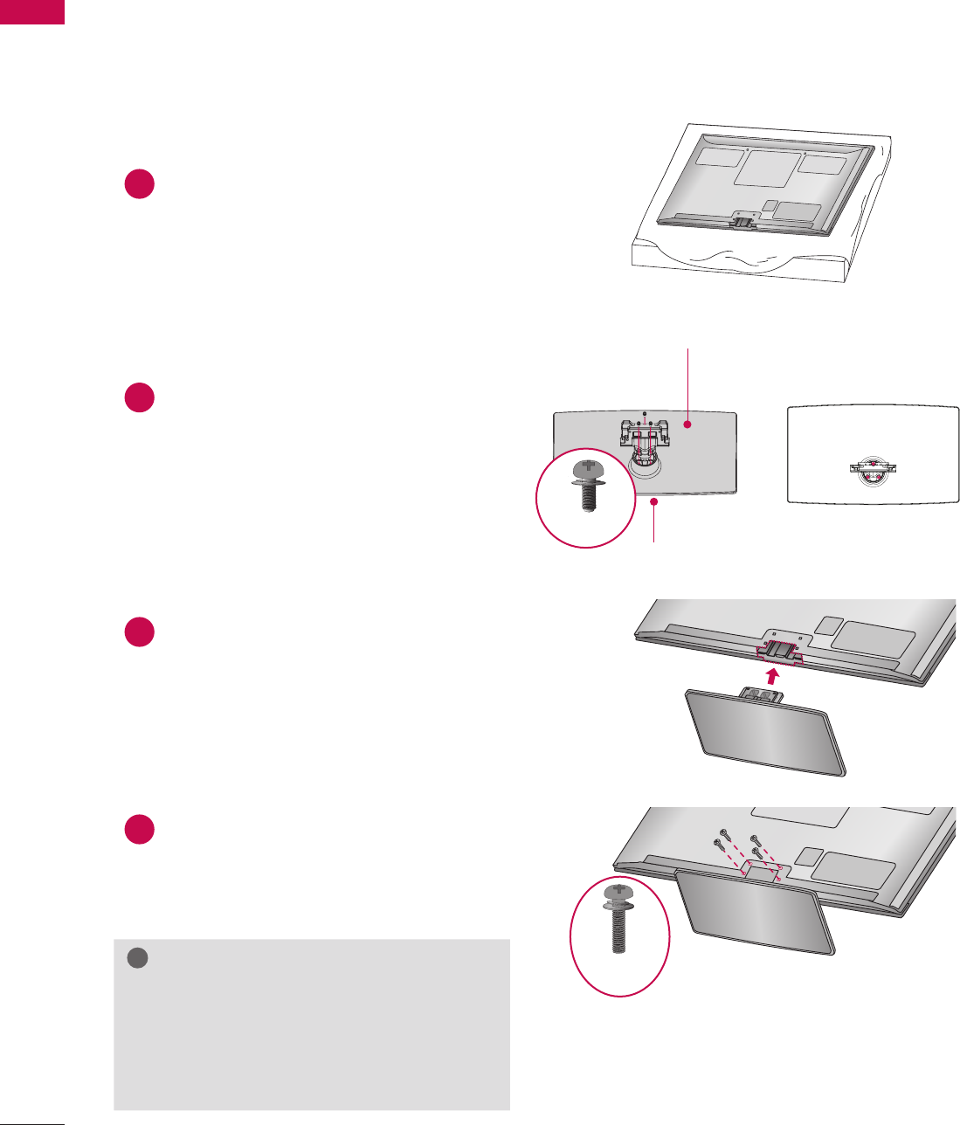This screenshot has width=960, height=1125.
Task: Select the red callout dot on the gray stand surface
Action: click(687, 424)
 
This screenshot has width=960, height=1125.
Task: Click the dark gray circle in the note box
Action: click(138, 958)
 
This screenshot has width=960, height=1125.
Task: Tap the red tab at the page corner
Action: click(32, 11)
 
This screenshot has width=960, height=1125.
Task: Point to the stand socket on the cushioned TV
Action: click(742, 221)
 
